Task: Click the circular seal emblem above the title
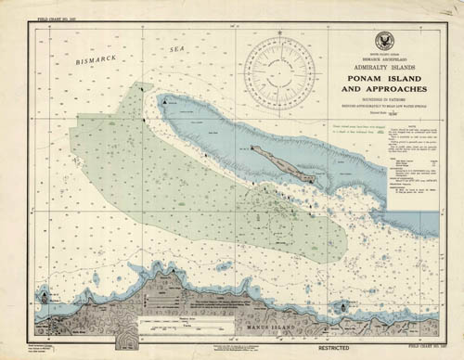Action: coord(381,42)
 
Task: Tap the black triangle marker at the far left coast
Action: coord(45,296)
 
